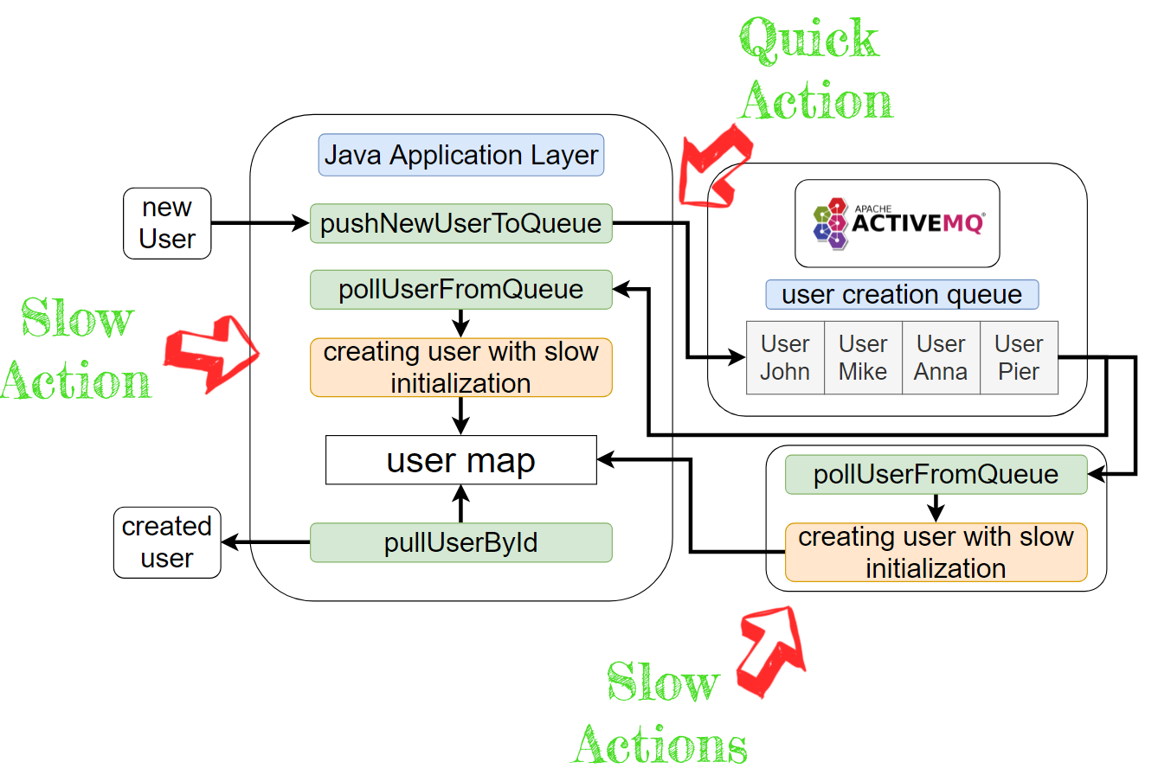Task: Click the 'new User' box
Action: point(167,223)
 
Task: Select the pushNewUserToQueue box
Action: point(460,223)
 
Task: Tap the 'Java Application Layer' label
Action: point(460,156)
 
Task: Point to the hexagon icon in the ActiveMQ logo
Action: point(831,222)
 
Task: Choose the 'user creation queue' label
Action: point(901,295)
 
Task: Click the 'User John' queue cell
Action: point(785,357)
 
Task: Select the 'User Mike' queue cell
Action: point(863,357)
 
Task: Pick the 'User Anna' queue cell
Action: point(941,357)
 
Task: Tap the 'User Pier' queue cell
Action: point(1019,357)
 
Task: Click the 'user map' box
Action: point(460,460)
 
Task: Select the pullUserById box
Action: point(460,542)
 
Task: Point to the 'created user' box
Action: point(167,542)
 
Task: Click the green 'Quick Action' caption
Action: point(814,69)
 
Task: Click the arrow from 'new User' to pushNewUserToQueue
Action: point(260,224)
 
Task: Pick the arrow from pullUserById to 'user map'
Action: point(460,504)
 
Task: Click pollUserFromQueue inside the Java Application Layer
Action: point(460,289)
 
